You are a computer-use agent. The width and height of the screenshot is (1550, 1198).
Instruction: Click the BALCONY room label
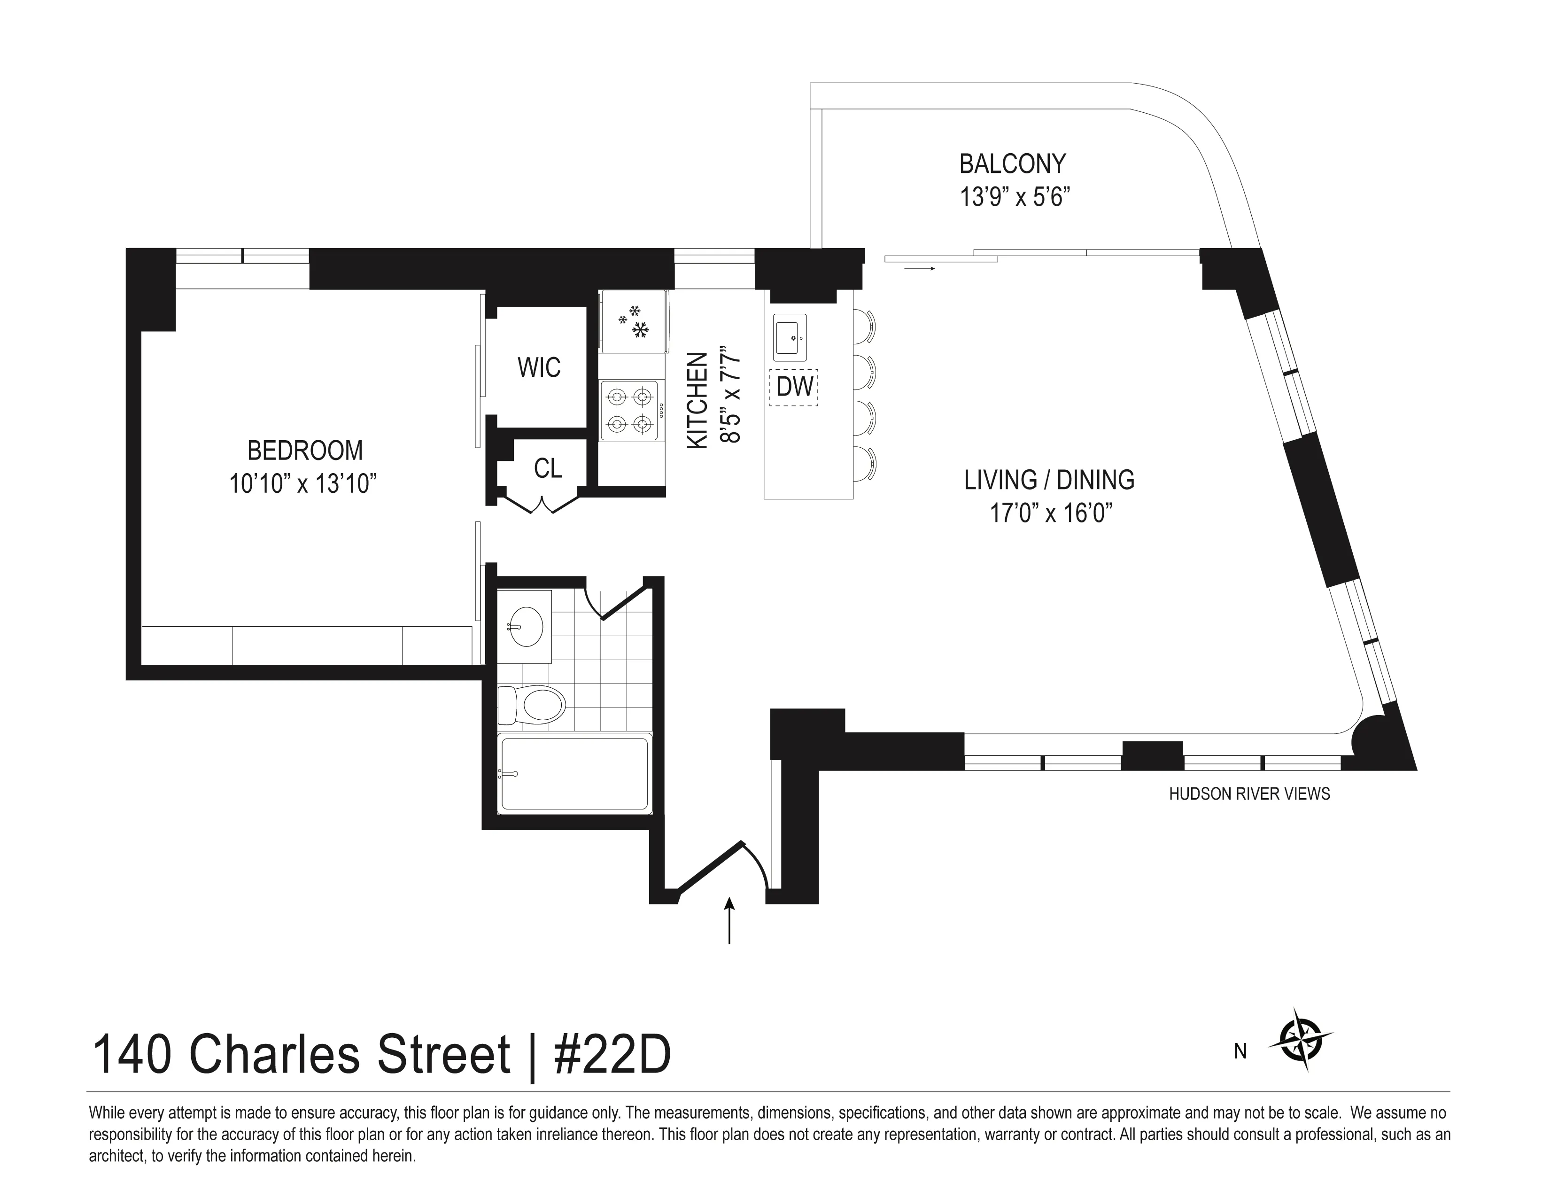1012,164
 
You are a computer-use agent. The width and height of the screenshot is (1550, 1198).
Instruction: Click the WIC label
539,368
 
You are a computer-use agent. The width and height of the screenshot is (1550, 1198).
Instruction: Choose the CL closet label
547,468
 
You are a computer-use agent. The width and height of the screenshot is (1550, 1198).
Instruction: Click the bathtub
575,774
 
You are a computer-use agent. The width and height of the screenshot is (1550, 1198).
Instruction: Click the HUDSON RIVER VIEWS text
1249,794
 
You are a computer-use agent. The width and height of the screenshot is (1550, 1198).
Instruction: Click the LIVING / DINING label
1049,481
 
